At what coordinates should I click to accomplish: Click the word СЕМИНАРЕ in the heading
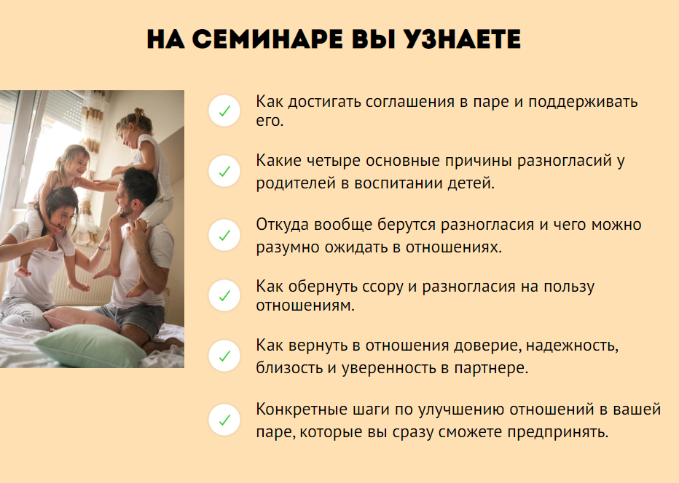(x=267, y=39)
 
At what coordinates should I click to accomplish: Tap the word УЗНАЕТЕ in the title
(x=462, y=39)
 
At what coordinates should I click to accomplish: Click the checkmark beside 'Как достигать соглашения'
(x=224, y=111)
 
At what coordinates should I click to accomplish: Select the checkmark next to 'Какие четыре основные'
(x=224, y=171)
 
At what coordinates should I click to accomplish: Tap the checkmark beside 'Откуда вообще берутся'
(x=224, y=235)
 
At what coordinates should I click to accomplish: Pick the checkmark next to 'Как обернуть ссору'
(x=224, y=296)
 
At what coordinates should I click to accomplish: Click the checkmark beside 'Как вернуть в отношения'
(x=224, y=356)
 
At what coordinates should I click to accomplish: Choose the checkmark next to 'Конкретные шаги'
(x=224, y=420)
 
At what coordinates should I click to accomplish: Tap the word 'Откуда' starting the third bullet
(x=283, y=225)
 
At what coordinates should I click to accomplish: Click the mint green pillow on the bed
(x=90, y=346)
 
